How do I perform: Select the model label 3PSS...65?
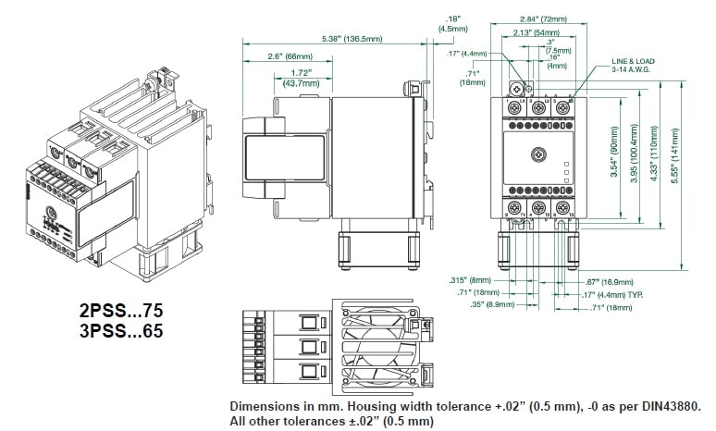pos(121,329)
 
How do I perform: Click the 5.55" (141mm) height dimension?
pos(685,153)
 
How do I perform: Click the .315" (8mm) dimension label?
pos(469,278)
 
